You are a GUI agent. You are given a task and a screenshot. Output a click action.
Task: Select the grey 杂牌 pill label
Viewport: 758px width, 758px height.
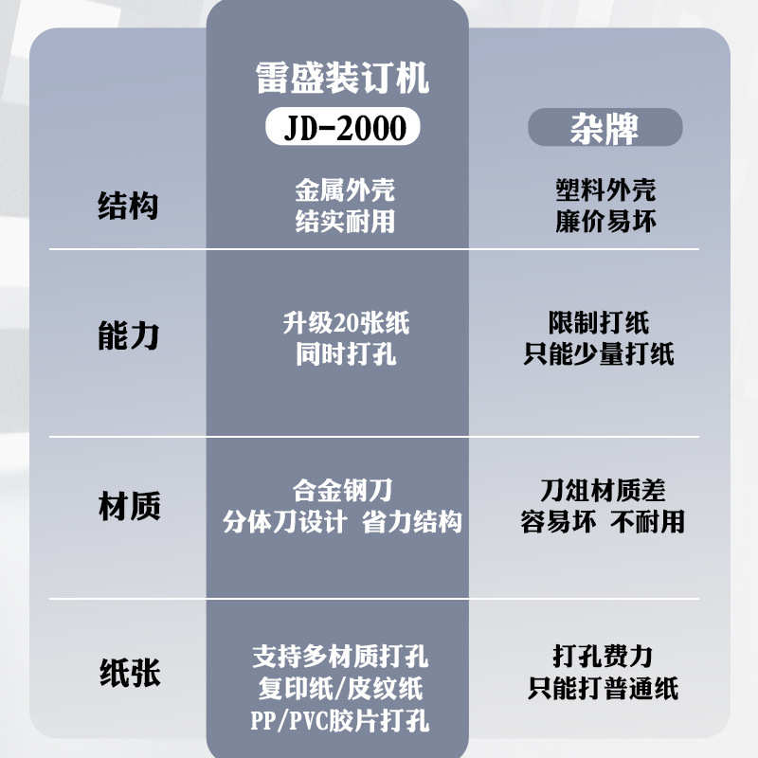coord(604,128)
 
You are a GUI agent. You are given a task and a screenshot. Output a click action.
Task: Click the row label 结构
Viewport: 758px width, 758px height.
coord(129,206)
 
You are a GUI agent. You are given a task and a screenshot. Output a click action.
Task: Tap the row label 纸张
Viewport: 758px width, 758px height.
coord(129,674)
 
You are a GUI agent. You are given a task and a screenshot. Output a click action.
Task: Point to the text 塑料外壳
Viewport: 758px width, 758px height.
coord(605,189)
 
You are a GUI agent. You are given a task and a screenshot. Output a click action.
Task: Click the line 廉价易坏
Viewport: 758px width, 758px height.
coord(605,223)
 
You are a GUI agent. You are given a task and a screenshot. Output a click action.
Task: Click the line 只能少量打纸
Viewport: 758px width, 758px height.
coord(599,355)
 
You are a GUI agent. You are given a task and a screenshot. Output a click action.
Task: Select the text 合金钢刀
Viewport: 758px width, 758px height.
coord(343,490)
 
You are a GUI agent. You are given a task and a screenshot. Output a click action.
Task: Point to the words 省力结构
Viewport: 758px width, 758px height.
coord(412,522)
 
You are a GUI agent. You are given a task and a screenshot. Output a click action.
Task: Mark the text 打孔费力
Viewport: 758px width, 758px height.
coord(603,656)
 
